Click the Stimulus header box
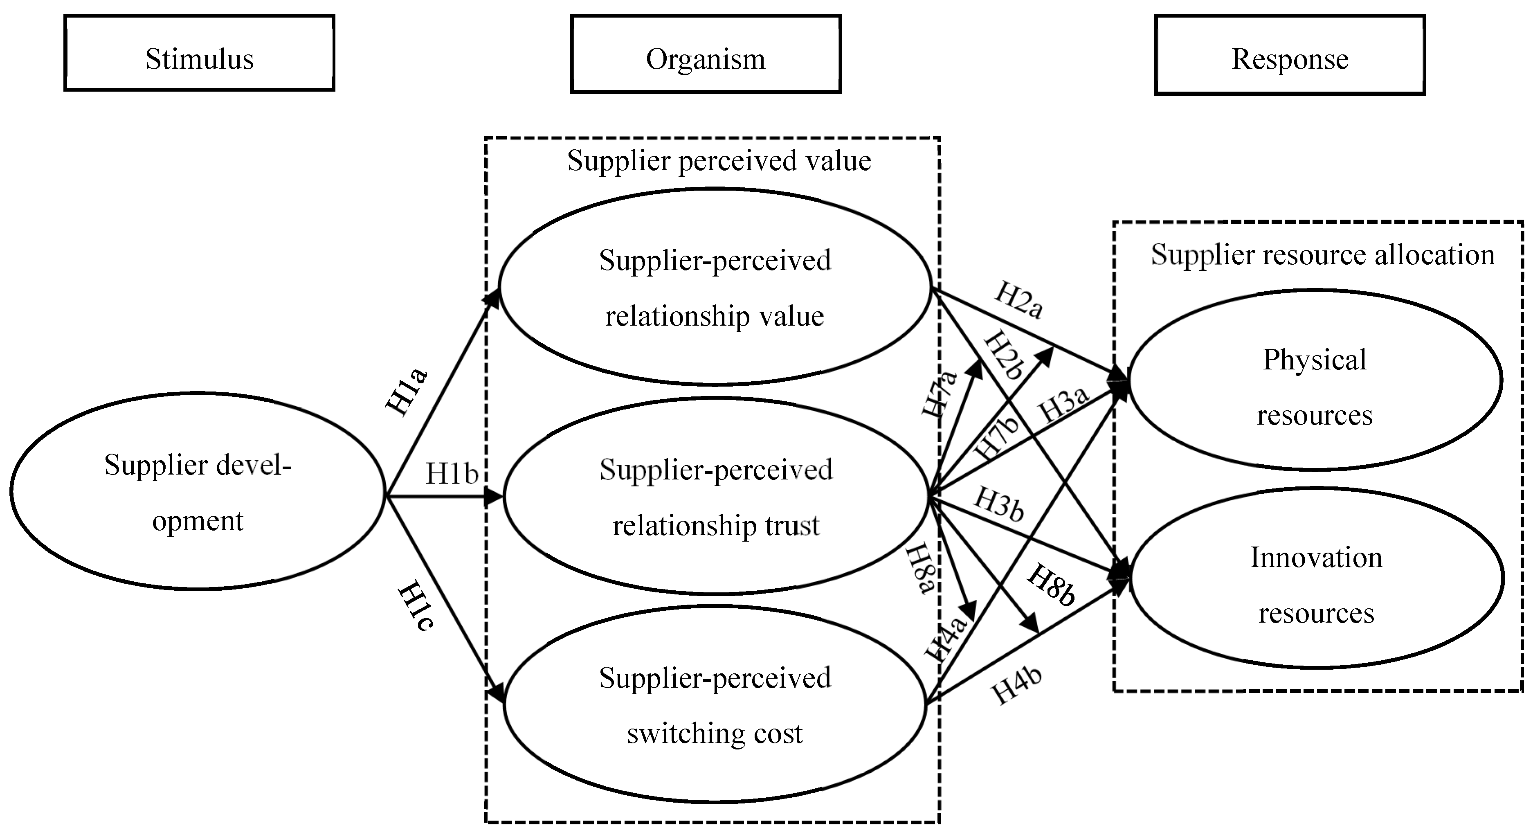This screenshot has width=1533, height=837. point(199,54)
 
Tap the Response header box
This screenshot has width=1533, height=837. point(1290,55)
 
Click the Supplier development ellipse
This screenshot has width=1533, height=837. point(198,492)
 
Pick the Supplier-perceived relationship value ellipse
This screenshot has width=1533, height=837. point(715,287)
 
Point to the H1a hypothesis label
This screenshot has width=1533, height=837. point(407,392)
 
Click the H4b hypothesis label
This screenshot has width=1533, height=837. point(1016,685)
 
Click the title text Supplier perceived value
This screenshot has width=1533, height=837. point(719,161)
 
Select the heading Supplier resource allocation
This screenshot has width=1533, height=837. point(1322,255)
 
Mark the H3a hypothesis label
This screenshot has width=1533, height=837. point(1063,404)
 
